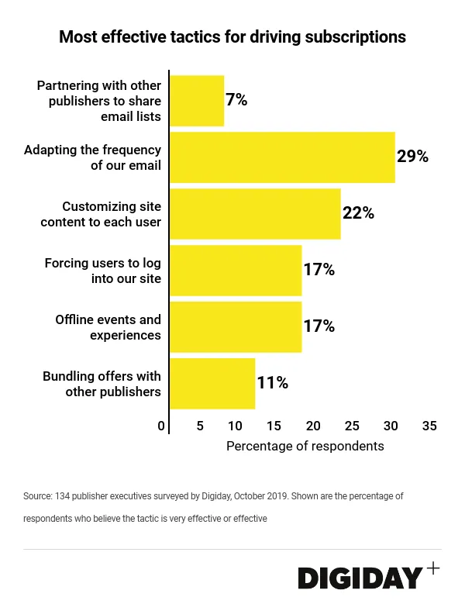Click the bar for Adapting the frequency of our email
pyautogui.click(x=282, y=157)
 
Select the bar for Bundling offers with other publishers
pyautogui.click(x=212, y=383)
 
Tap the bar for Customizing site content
pyautogui.click(x=255, y=213)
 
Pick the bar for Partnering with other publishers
pyautogui.click(x=197, y=101)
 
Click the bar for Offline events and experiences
pyautogui.click(x=236, y=326)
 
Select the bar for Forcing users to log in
pyautogui.click(x=236, y=270)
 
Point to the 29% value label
pyautogui.click(x=412, y=156)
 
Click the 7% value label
pyautogui.click(x=236, y=99)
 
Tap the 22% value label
pyautogui.click(x=358, y=212)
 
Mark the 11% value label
pyautogui.click(x=272, y=382)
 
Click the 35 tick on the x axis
pyautogui.click(x=429, y=426)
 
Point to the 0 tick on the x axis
pyautogui.click(x=161, y=426)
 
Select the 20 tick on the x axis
pyautogui.click(x=313, y=426)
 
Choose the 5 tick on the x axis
pyautogui.click(x=200, y=426)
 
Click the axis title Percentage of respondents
pyautogui.click(x=305, y=447)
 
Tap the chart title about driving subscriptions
pyautogui.click(x=232, y=36)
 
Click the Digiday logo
pyautogui.click(x=361, y=577)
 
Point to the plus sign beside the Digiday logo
pyautogui.click(x=432, y=568)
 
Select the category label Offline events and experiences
pyautogui.click(x=108, y=327)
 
